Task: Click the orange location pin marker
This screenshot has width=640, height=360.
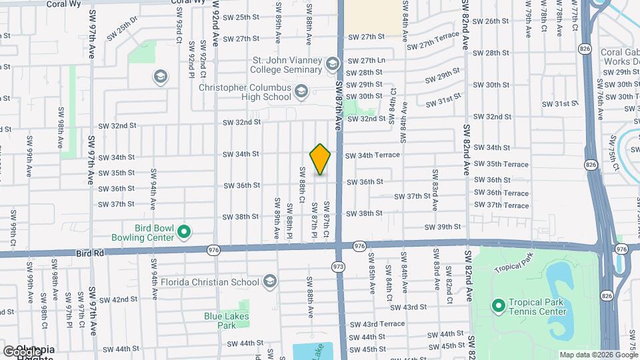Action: [321, 159]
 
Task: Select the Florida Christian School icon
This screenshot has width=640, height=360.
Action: [269, 282]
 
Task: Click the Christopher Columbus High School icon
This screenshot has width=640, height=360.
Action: [301, 91]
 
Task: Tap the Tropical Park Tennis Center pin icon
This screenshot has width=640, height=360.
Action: [497, 306]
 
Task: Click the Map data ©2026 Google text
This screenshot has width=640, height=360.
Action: [597, 355]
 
